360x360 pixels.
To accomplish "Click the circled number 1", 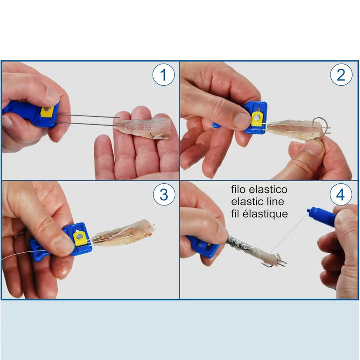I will (163, 75).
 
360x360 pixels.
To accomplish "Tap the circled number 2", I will (341, 75).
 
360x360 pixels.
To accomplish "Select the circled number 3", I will (163, 195).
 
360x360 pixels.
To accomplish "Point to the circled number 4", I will (341, 195).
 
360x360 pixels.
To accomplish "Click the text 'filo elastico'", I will (259, 190).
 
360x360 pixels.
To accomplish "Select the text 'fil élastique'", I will (260, 214).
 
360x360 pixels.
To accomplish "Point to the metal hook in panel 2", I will (320, 123).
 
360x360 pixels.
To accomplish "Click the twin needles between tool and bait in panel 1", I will (87, 118).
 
